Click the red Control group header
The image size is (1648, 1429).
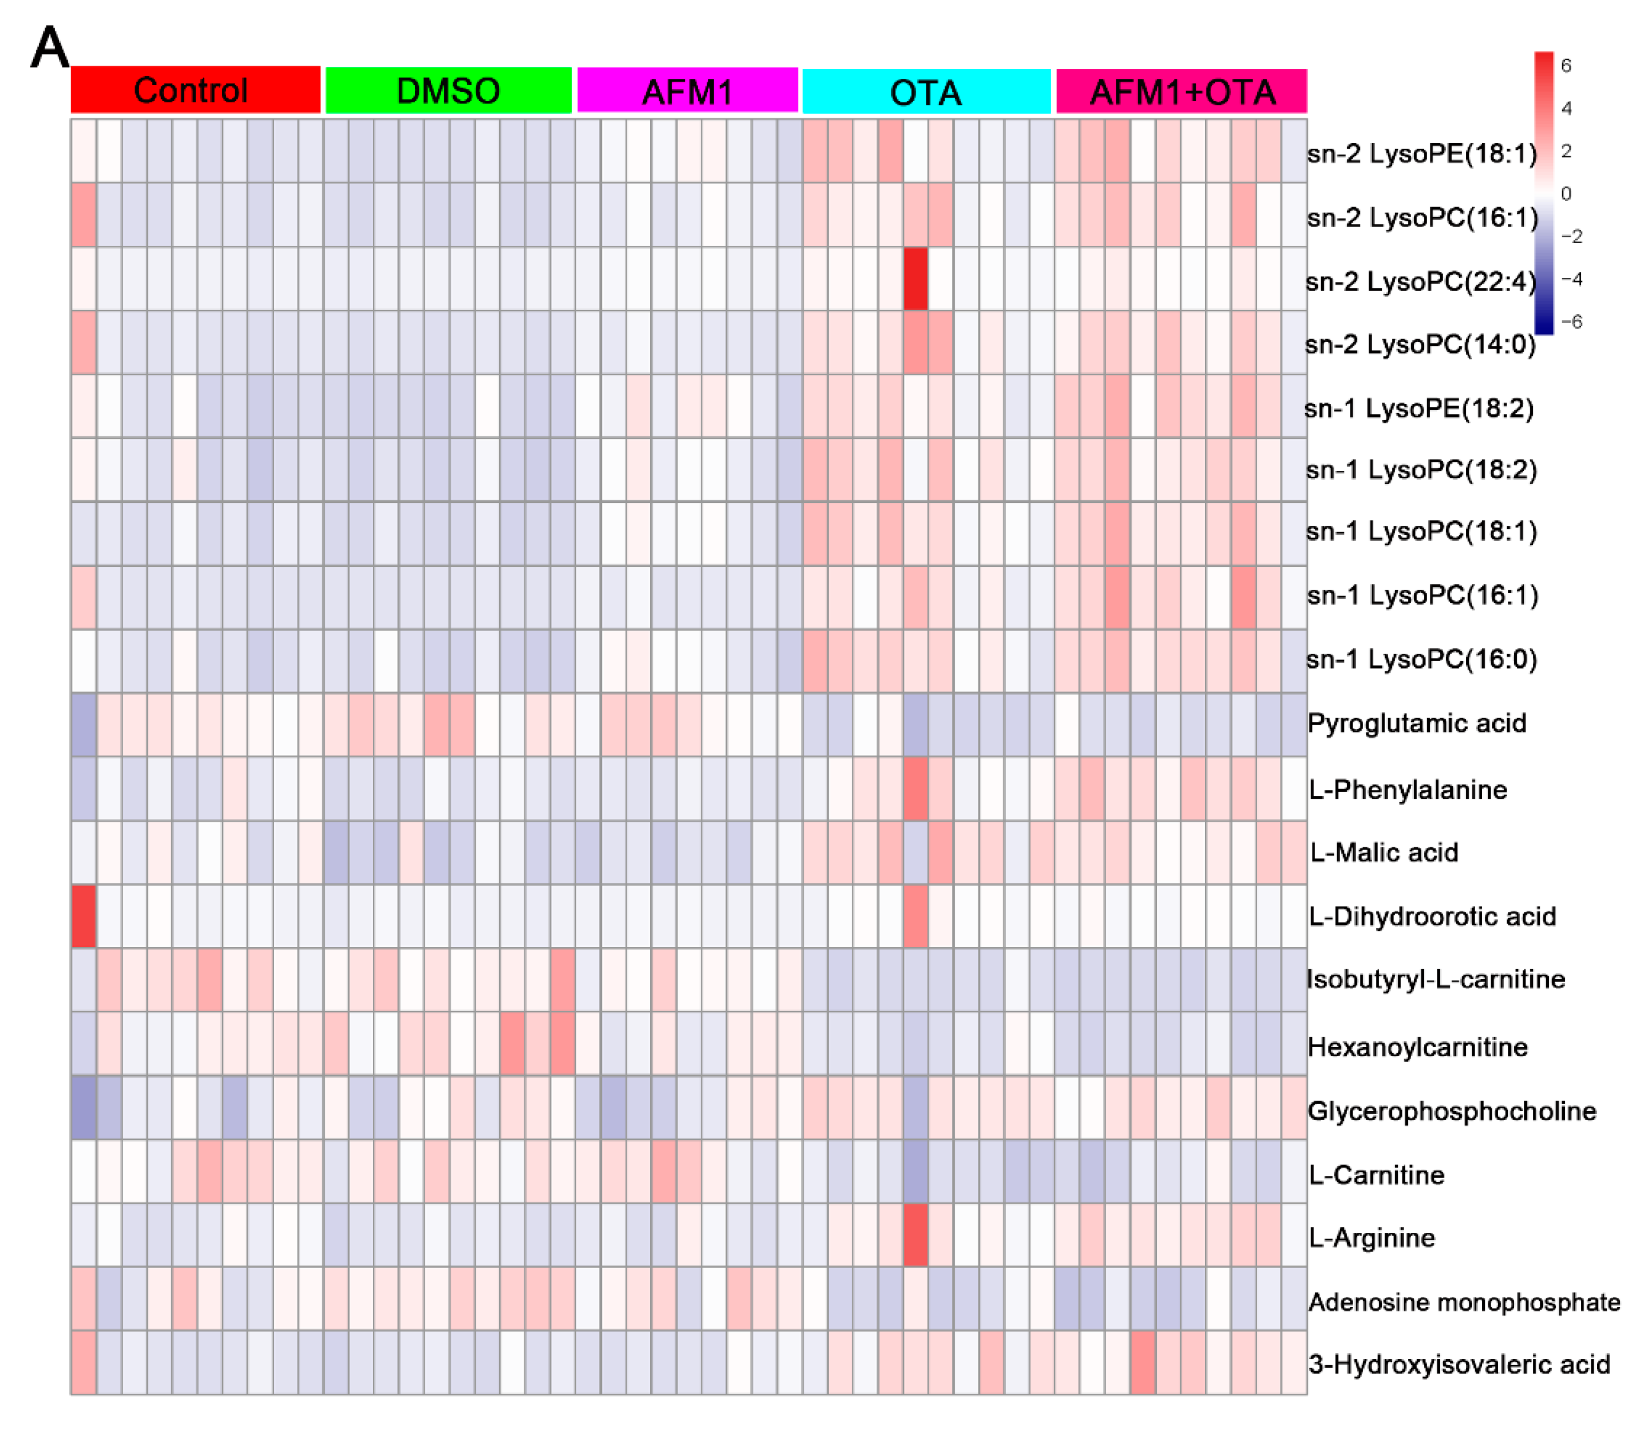coord(195,90)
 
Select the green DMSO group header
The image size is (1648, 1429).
coord(449,90)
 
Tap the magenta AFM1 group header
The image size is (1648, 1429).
coord(687,91)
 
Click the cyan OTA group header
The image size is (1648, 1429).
coord(925,92)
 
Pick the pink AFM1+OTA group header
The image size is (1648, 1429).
coord(1181,92)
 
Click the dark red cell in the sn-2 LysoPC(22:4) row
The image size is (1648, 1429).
coord(916,278)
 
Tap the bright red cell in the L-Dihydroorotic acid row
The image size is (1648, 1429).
coord(84,916)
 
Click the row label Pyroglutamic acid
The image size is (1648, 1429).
coord(1417,723)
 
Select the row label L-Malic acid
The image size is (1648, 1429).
coord(1384,853)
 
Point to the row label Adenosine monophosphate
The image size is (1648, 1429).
coord(1464,1302)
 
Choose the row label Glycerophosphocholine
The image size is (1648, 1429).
coord(1452,1111)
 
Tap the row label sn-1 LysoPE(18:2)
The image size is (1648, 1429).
coord(1419,408)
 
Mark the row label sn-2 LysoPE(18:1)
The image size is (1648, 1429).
coord(1421,153)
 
